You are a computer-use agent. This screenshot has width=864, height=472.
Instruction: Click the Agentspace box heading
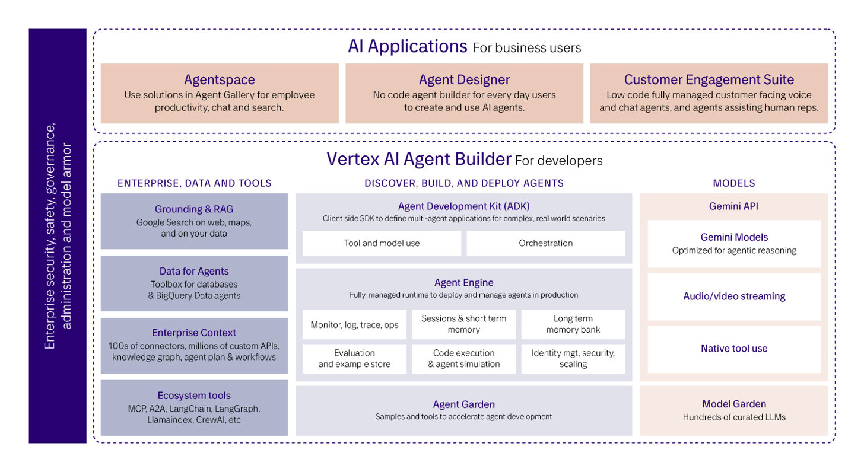(220, 79)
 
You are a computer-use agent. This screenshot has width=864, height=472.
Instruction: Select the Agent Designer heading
(464, 79)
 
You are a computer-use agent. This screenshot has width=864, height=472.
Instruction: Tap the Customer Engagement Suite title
(709, 79)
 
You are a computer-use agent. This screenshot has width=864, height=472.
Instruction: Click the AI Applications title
(408, 46)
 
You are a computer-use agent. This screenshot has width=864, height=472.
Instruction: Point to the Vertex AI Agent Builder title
(418, 160)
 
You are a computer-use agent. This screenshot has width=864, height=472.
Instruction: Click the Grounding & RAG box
(194, 221)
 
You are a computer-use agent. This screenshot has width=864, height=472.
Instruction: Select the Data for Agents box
(194, 283)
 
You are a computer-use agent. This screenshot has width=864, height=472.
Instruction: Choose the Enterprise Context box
(194, 345)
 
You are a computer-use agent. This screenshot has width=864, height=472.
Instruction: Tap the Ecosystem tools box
(194, 407)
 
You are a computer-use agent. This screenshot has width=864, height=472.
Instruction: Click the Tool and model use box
(382, 243)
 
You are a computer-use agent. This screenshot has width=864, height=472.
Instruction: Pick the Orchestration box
(545, 243)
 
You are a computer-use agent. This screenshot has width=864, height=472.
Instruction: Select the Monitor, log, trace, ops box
(354, 324)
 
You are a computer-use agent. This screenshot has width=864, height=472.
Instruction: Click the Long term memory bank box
(573, 324)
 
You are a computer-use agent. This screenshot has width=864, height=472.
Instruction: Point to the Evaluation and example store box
(354, 359)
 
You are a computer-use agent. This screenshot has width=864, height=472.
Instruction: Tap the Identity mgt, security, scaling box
(573, 359)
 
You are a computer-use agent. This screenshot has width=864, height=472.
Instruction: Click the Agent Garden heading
(463, 404)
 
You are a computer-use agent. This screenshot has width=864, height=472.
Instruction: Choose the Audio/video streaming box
(734, 296)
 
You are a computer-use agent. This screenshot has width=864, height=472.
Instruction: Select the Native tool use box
(734, 349)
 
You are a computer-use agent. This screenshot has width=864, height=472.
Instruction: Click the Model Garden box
(734, 410)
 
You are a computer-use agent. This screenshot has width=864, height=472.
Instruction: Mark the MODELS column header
(734, 183)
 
